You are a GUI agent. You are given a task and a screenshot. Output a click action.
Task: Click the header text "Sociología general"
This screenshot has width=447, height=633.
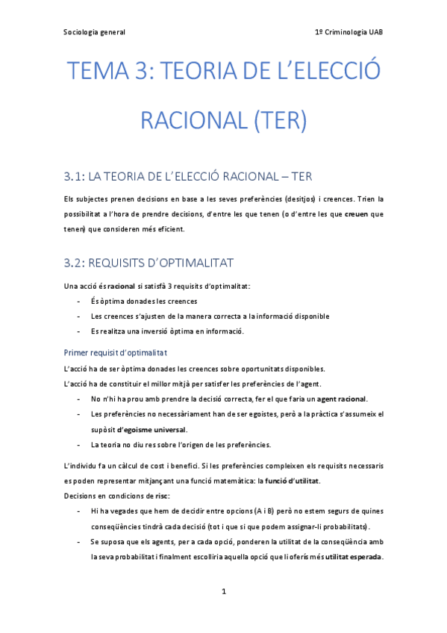click(93, 32)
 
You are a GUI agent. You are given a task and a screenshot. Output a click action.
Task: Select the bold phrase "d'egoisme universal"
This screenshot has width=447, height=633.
click(151, 429)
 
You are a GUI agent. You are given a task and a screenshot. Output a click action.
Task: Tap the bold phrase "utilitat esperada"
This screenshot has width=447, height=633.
click(353, 557)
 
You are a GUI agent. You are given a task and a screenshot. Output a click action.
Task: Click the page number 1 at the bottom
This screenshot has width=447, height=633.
click(223, 592)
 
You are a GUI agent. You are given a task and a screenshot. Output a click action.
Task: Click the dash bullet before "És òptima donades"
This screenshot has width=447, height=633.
click(80, 301)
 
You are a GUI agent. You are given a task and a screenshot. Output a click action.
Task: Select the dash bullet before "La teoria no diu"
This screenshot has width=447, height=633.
click(80, 445)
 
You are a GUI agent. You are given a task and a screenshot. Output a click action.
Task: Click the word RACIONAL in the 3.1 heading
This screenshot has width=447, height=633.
click(243, 177)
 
